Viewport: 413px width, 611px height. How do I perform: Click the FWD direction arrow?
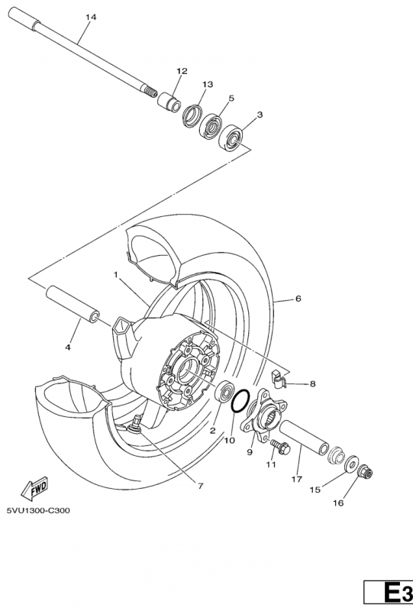[34, 488]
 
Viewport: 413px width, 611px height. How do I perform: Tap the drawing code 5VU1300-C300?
[38, 510]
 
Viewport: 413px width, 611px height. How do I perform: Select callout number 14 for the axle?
[91, 17]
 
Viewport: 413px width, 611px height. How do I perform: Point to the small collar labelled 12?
[169, 102]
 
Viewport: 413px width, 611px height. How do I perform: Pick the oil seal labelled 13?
[192, 116]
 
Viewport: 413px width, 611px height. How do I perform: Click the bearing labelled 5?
[211, 124]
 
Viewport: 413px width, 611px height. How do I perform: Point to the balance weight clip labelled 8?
[278, 379]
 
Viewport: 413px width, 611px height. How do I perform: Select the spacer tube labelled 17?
[304, 438]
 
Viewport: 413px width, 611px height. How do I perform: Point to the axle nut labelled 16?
[365, 472]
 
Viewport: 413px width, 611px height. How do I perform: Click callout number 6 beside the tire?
[298, 299]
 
